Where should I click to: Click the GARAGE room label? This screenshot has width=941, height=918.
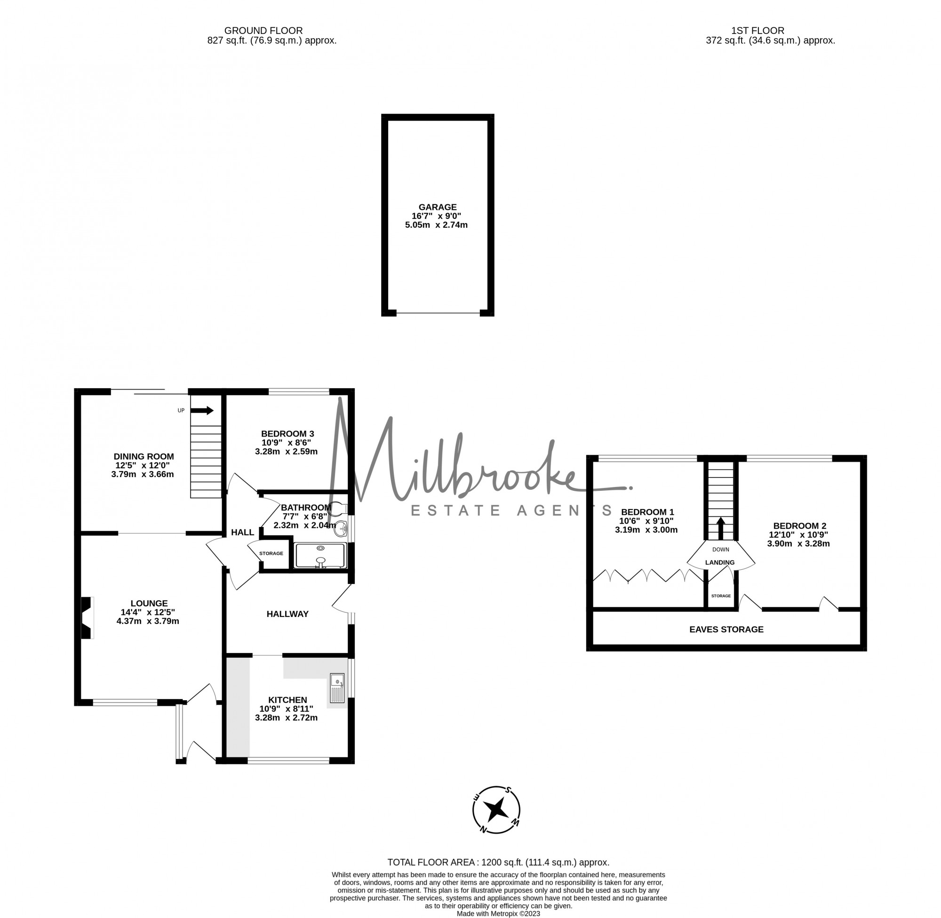[437, 208]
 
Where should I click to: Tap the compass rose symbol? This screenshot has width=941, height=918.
[496, 809]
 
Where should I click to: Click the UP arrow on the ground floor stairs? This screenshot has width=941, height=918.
[202, 410]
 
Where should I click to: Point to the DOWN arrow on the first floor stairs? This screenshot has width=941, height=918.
[721, 528]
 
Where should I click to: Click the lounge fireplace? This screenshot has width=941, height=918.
[87, 618]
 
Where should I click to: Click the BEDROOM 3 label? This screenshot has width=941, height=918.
[287, 434]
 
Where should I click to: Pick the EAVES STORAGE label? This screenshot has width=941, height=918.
[726, 629]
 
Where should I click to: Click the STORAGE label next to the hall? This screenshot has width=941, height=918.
[271, 553]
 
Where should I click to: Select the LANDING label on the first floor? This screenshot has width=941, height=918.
[720, 562]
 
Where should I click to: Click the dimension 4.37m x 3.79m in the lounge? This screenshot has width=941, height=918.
[148, 621]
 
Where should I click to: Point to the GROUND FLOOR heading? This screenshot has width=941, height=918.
[263, 31]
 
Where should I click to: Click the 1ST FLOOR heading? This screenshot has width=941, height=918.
[758, 31]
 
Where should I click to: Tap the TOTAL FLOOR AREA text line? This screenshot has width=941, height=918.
[498, 862]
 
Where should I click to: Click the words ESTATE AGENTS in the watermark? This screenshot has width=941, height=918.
[511, 510]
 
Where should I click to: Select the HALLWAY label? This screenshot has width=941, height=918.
[287, 614]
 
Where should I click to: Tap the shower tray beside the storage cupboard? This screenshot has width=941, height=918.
[320, 555]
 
